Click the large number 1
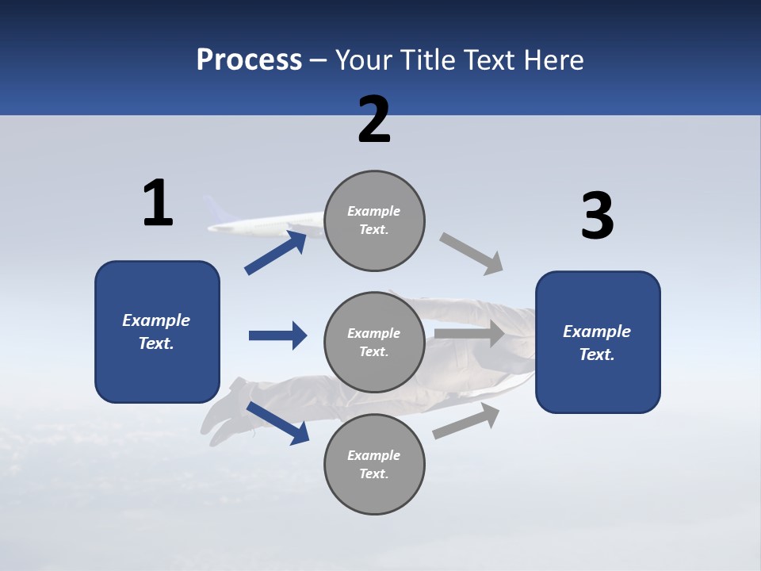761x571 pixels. point(158,203)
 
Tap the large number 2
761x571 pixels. point(374,120)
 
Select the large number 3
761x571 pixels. point(597,217)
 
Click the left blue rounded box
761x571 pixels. point(157,331)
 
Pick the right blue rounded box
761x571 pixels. point(598,342)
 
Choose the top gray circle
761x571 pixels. point(374,220)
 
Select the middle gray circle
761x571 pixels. point(374,342)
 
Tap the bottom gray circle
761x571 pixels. point(374,464)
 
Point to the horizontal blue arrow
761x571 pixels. point(278,335)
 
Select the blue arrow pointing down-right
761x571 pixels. point(277,423)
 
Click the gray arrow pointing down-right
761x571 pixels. point(472,254)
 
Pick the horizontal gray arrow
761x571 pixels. point(469,334)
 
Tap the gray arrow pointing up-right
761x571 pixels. point(466,420)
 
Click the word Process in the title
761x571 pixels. point(249,59)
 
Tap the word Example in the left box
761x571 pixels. point(156,320)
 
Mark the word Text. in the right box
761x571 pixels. point(597,354)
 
